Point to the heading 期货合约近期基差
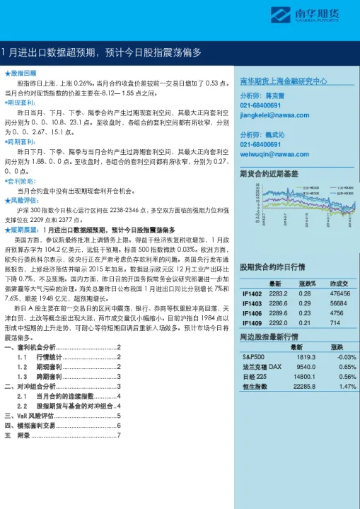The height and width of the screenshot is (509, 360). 269,173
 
